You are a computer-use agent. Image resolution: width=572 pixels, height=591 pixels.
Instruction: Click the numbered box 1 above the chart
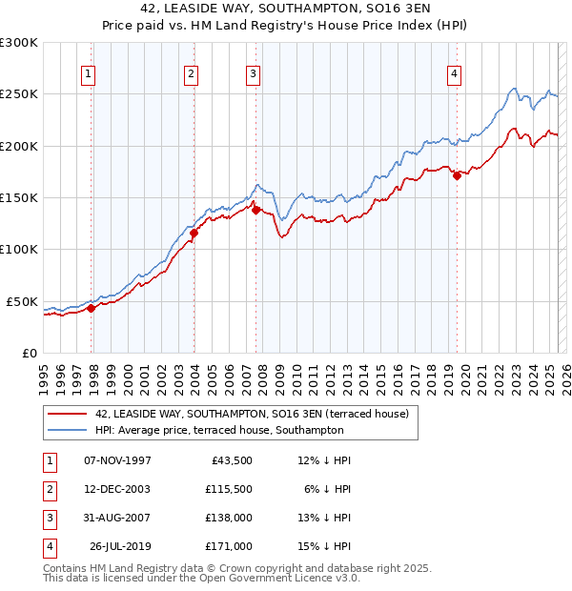pos(88,74)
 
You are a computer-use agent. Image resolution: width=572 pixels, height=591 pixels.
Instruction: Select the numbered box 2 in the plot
pos(191,74)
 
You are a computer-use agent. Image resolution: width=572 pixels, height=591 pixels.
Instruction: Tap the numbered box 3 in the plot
pos(253,74)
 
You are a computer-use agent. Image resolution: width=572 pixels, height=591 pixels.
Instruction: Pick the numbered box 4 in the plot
pos(454,74)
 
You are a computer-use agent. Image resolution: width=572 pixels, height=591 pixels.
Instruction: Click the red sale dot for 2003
pos(194,232)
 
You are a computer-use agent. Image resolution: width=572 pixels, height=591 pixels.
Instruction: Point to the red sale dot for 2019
pos(457,175)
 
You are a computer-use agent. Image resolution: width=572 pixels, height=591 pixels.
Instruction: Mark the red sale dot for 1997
pos(92,307)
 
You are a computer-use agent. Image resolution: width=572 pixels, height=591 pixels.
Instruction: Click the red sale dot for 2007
pos(256,210)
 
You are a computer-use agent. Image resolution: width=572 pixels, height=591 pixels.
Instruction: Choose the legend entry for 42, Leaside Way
pos(252,414)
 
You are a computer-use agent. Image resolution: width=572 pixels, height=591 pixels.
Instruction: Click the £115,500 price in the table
pos(228,488)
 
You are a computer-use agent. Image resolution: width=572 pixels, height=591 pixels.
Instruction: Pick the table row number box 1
pos(49,460)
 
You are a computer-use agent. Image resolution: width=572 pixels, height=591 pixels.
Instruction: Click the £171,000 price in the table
pos(228,546)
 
